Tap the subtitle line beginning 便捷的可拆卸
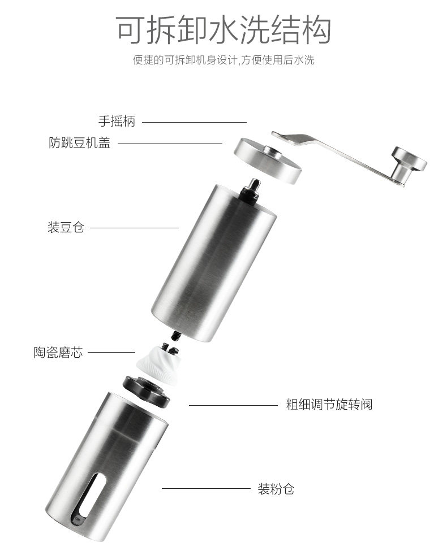(x=223, y=59)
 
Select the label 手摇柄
(x=117, y=121)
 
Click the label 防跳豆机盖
(x=79, y=143)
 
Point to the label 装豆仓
(x=66, y=228)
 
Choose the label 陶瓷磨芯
(x=58, y=353)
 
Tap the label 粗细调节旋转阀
(x=329, y=405)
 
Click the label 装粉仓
(x=276, y=489)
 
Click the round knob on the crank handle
(x=410, y=159)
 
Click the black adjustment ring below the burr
(x=147, y=391)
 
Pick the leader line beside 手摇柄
(x=194, y=121)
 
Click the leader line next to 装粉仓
(x=206, y=489)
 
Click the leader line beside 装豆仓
(x=135, y=228)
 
